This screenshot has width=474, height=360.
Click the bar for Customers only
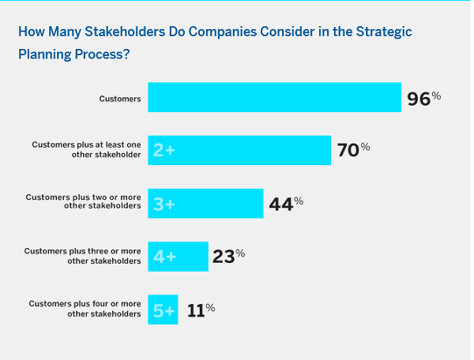click(274, 97)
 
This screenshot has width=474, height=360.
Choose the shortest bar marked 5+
click(164, 309)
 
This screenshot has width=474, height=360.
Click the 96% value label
click(423, 99)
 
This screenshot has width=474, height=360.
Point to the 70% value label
click(353, 149)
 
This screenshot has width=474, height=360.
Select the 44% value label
click(286, 203)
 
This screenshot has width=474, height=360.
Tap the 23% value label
click(228, 256)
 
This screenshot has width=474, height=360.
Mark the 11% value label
click(201, 309)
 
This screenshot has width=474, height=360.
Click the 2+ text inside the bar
click(164, 150)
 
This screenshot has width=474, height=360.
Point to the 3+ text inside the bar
click(164, 204)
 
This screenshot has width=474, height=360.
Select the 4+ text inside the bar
click(164, 257)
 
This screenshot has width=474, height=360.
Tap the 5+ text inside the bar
click(164, 310)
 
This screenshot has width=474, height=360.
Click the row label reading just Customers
click(120, 99)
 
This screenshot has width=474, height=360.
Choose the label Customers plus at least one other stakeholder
click(87, 150)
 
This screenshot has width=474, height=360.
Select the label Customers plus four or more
click(85, 308)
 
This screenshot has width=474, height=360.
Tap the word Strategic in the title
click(382, 32)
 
